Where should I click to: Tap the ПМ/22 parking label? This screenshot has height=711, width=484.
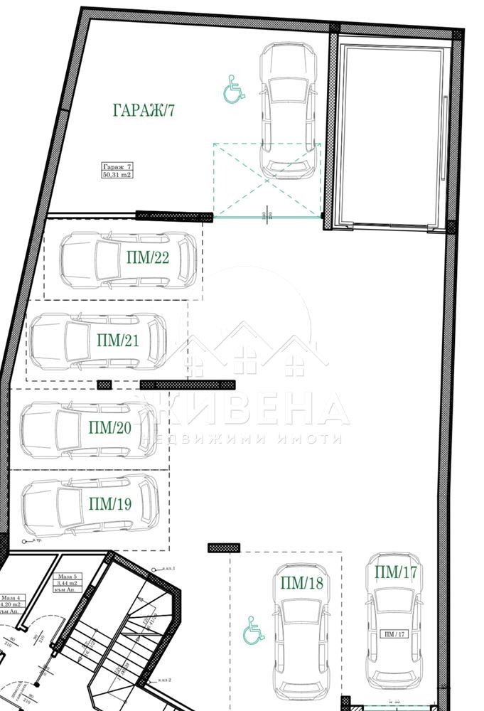tap(148, 257)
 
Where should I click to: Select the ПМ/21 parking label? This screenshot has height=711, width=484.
tap(117, 340)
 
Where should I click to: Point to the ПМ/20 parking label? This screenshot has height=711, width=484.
tap(110, 427)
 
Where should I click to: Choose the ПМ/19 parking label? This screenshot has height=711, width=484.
tap(110, 504)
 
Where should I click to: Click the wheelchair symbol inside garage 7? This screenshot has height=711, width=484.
tap(234, 90)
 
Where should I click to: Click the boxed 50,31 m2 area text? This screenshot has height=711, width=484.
tap(117, 174)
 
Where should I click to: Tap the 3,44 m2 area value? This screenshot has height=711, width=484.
tap(68, 583)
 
